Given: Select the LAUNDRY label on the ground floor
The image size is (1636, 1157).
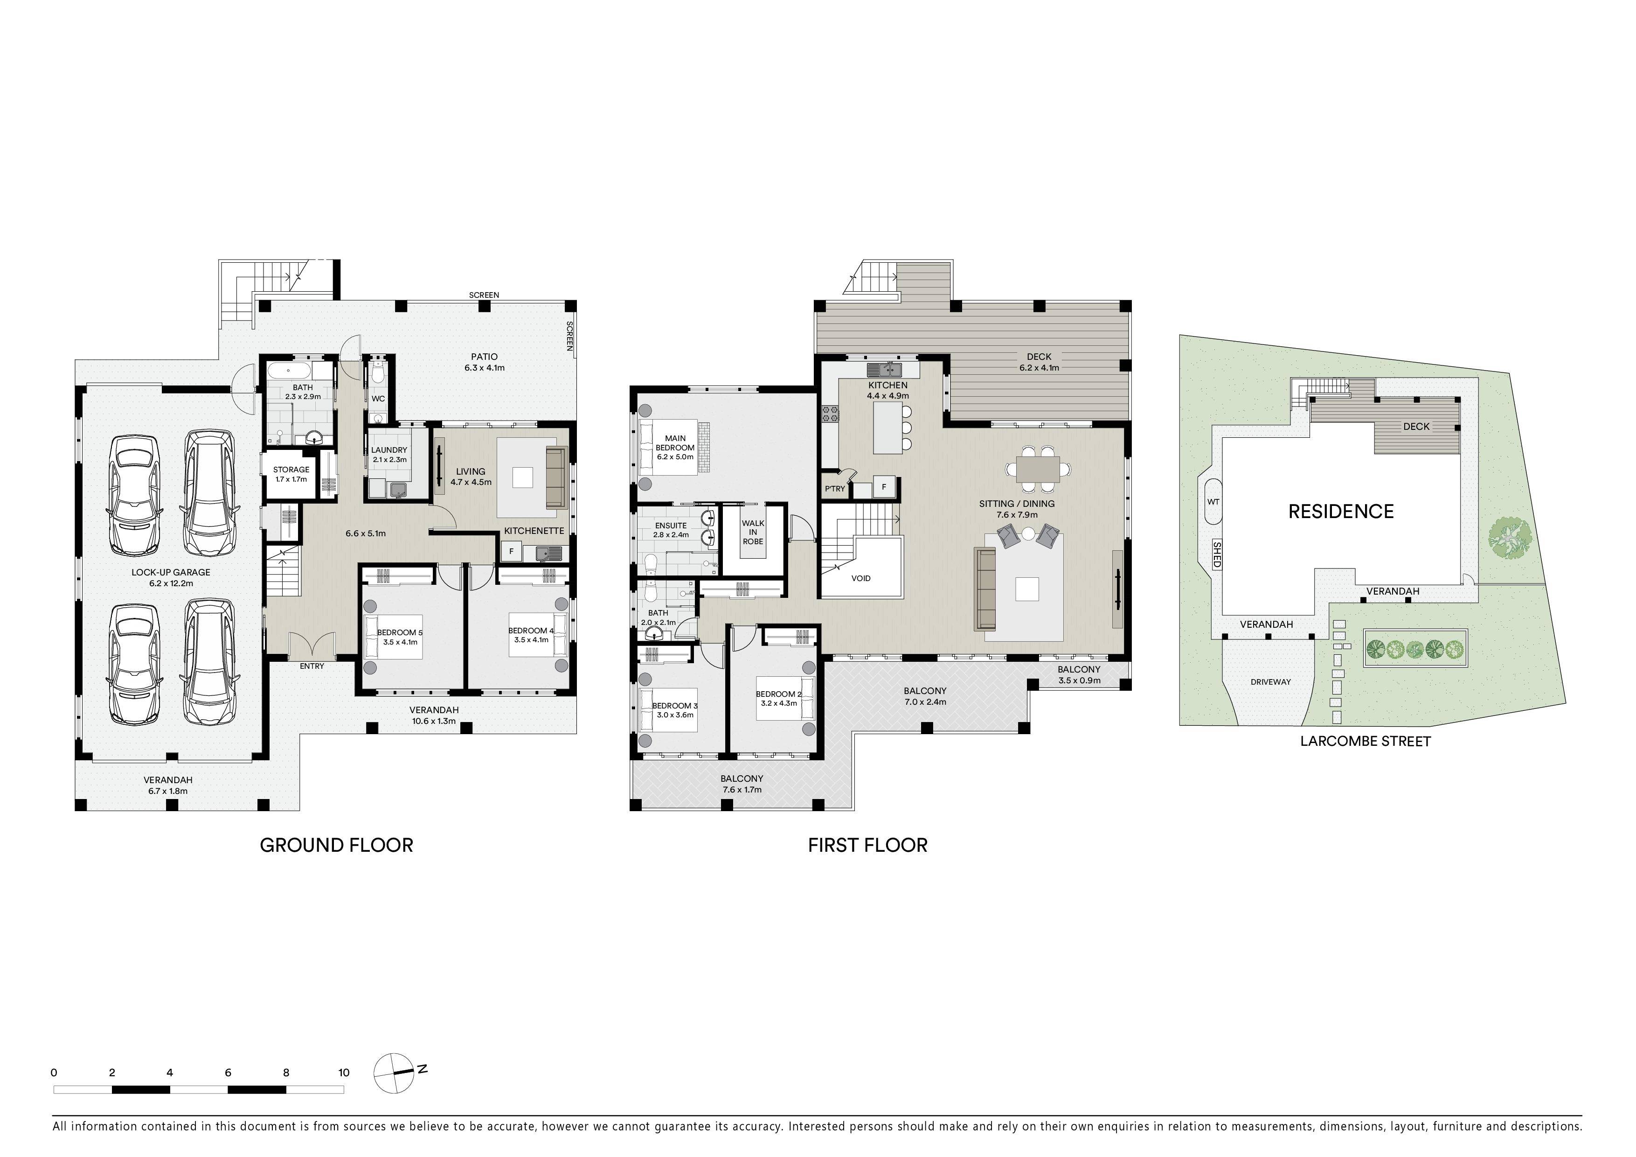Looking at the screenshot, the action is pyautogui.click(x=389, y=450).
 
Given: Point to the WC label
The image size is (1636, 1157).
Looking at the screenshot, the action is pyautogui.click(x=378, y=399).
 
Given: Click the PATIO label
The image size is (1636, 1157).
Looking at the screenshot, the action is pyautogui.click(x=485, y=357).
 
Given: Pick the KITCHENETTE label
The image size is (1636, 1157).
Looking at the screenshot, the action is pyautogui.click(x=534, y=530).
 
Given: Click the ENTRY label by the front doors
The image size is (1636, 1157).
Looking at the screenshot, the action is pyautogui.click(x=312, y=666).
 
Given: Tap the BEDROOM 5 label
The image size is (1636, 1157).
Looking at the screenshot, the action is pyautogui.click(x=401, y=632).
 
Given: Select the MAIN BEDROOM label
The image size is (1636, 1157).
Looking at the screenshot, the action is pyautogui.click(x=675, y=443).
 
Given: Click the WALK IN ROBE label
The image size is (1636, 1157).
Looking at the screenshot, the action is pyautogui.click(x=753, y=532).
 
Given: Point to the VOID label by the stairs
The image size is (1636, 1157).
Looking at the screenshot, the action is pyautogui.click(x=861, y=578).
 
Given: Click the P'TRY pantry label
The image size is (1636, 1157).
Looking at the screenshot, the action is pyautogui.click(x=834, y=488).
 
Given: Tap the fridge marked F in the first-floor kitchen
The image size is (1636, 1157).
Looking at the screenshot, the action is pyautogui.click(x=884, y=487).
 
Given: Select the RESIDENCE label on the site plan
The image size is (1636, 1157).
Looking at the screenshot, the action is pyautogui.click(x=1341, y=511).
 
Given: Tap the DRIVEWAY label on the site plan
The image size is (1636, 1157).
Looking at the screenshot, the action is pyautogui.click(x=1270, y=681).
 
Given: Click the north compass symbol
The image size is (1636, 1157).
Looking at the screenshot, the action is pyautogui.click(x=394, y=1072).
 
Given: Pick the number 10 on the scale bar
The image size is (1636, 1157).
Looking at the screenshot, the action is pyautogui.click(x=344, y=1072).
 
